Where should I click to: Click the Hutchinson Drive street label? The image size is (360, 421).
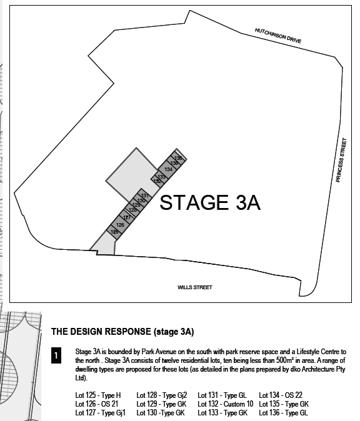[x=277, y=35]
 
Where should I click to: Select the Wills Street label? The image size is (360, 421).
[x=194, y=287]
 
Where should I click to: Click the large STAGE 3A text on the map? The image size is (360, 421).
[x=210, y=202]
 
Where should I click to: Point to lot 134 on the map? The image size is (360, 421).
[x=168, y=169]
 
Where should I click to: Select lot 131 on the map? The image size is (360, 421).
[x=144, y=196]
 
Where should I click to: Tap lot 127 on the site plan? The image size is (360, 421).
[x=127, y=217]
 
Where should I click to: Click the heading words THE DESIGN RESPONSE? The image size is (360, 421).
[x=102, y=331]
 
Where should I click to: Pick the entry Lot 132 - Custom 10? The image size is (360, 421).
[x=225, y=404]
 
